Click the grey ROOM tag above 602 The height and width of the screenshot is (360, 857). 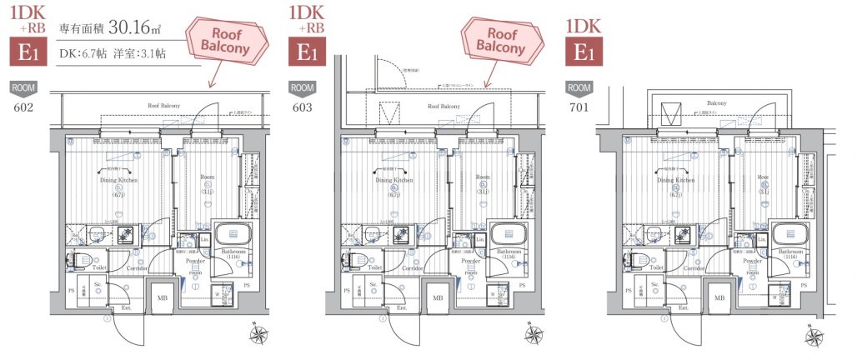pos(22,87)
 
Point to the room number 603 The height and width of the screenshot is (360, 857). pos(303,107)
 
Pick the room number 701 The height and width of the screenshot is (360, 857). pos(578,107)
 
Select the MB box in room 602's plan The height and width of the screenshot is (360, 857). pos(163,297)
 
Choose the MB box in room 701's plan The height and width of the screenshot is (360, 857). pos(718,297)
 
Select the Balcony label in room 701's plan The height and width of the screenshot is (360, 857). pos(705,103)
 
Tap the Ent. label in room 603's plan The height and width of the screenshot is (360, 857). pos(403,307)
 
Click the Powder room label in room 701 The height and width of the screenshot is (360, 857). pos(750,265)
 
